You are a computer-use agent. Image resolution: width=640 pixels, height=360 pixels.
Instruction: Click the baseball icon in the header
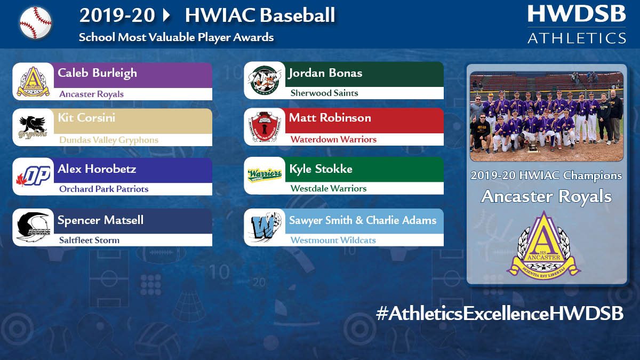[x=36, y=22]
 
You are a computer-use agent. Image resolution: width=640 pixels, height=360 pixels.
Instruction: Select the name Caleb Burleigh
[x=97, y=73]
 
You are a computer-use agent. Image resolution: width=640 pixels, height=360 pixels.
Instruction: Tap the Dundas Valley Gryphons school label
[x=109, y=140]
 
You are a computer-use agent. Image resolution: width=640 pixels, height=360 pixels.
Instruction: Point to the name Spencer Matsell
[x=100, y=220]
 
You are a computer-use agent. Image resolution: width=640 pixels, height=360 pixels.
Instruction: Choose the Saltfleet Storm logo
[x=33, y=227]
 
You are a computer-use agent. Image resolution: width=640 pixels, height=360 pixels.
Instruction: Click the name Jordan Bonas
[x=325, y=73]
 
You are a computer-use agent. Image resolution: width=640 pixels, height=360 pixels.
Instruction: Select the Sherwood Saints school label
[x=324, y=93]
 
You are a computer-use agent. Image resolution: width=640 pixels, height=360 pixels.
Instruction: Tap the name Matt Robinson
[x=330, y=118]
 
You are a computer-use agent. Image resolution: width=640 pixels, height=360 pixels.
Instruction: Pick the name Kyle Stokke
[x=321, y=169]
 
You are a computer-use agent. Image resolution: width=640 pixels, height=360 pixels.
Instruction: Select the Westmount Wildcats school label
[x=333, y=240]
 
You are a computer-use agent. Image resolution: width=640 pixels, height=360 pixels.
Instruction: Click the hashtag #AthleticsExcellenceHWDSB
[x=499, y=314]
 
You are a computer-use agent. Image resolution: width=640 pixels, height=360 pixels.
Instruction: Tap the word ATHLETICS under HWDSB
[x=577, y=38]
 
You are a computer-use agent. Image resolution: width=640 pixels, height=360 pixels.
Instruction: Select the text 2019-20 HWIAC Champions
[x=546, y=175]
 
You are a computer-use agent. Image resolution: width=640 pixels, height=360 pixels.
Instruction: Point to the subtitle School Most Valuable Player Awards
[x=176, y=37]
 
